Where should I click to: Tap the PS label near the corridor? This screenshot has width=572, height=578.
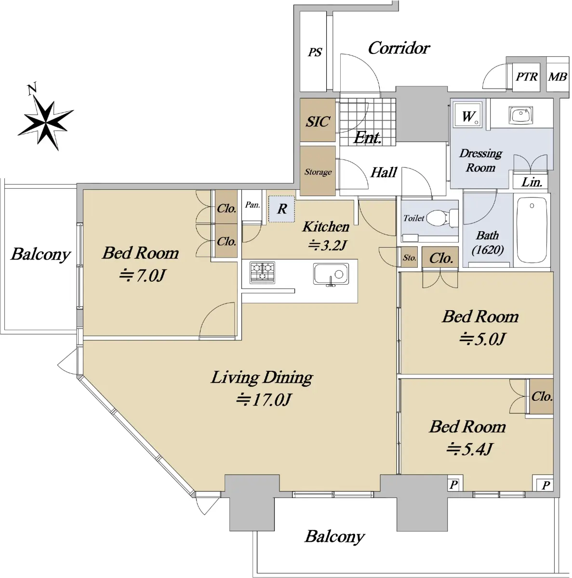pyautogui.click(x=315, y=53)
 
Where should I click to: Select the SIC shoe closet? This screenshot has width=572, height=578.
pyautogui.click(x=318, y=120)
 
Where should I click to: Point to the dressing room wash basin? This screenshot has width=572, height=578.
pyautogui.click(x=520, y=115)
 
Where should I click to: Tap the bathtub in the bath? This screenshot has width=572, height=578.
pyautogui.click(x=532, y=230)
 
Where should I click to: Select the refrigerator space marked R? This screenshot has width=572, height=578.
pyautogui.click(x=281, y=209)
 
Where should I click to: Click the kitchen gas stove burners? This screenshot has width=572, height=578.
pyautogui.click(x=262, y=272)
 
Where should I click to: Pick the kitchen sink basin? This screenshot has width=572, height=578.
pyautogui.click(x=331, y=274)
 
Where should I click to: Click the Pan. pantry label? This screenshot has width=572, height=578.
pyautogui.click(x=253, y=205)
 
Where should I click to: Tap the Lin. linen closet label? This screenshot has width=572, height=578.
pyautogui.click(x=532, y=182)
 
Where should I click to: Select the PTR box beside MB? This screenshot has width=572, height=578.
pyautogui.click(x=526, y=77)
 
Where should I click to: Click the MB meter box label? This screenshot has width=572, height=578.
pyautogui.click(x=558, y=77)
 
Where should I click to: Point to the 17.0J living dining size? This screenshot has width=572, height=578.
pyautogui.click(x=264, y=399)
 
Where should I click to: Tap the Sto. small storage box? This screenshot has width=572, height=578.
pyautogui.click(x=409, y=257)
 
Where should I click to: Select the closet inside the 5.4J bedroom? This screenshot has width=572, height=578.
pyautogui.click(x=541, y=396)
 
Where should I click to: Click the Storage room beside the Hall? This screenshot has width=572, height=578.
pyautogui.click(x=318, y=171)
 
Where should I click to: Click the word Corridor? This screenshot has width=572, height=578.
pyautogui.click(x=399, y=48)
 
